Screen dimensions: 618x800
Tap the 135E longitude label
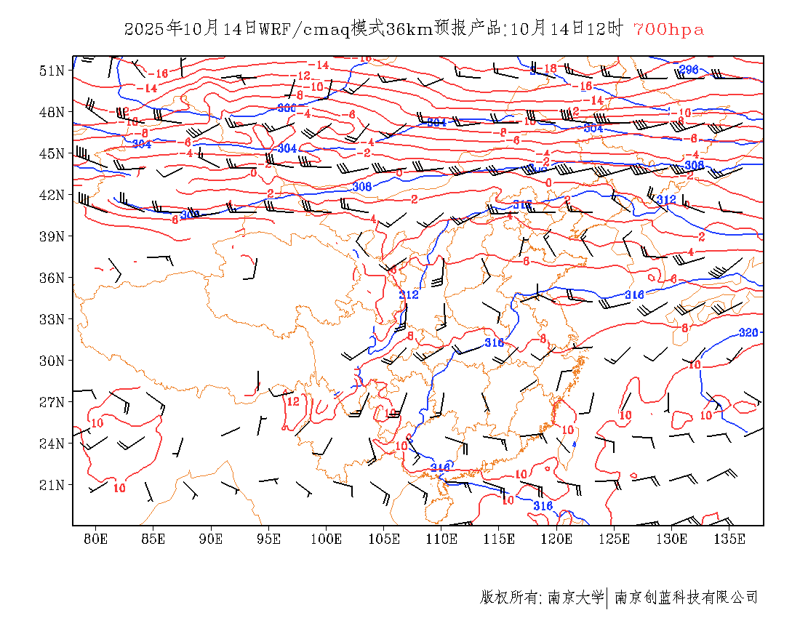pyautogui.click(x=729, y=539)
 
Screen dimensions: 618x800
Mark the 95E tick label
pyautogui.click(x=268, y=539)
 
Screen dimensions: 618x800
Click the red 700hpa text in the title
pyautogui.click(x=668, y=29)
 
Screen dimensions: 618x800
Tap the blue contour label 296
pyautogui.click(x=688, y=70)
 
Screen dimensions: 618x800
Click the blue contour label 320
pyautogui.click(x=748, y=332)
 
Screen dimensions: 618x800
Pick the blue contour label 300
pyautogui.click(x=287, y=108)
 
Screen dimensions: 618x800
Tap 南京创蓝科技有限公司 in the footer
pyautogui.click(x=686, y=598)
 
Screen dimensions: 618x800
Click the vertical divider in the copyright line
pyautogui.click(x=607, y=598)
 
